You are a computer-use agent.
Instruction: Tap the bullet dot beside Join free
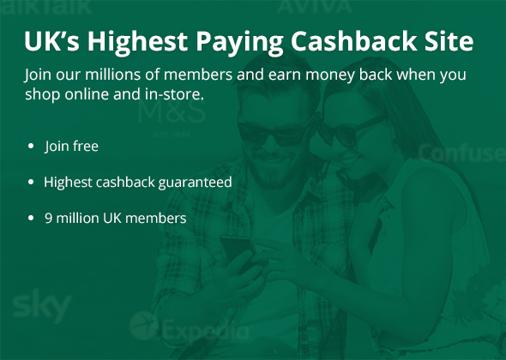pos(31,146)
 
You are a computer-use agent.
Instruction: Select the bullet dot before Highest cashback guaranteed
pos(31,183)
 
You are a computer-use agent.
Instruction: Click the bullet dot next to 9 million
pos(31,219)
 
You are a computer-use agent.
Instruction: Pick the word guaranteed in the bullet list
pos(195,183)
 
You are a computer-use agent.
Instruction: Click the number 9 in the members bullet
pos(48,219)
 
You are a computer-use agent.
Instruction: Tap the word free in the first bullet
pos(86,146)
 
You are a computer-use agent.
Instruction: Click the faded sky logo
pos(42,305)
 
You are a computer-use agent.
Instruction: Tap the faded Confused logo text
pos(462,153)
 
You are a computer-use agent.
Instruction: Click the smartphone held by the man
pos(238,250)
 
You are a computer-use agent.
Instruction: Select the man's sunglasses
pos(274,132)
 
